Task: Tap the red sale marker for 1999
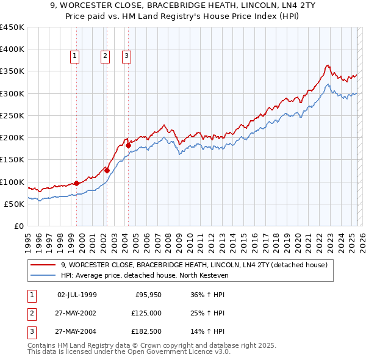pyautogui.click(x=76, y=183)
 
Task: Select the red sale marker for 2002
pyautogui.click(x=107, y=171)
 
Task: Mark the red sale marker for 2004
pyautogui.click(x=128, y=145)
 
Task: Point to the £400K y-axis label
pyautogui.click(x=12, y=49)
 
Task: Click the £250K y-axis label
pyautogui.click(x=12, y=115)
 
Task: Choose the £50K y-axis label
pyautogui.click(x=15, y=204)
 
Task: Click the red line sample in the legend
pyautogui.click(x=43, y=265)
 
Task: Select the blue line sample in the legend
pyautogui.click(x=43, y=276)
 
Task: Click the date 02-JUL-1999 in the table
pyautogui.click(x=77, y=295)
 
